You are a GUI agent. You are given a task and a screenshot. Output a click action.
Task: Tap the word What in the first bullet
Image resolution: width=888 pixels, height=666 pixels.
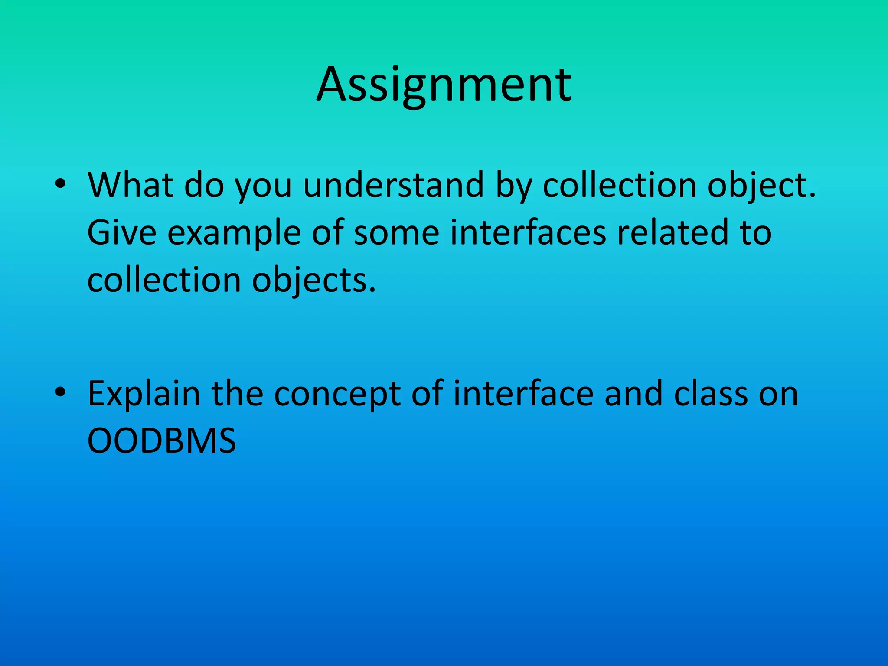pos(130,185)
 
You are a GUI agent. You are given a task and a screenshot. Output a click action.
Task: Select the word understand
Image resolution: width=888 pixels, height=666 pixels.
pos(393,185)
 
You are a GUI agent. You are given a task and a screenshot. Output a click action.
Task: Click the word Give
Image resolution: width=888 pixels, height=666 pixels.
pos(122,233)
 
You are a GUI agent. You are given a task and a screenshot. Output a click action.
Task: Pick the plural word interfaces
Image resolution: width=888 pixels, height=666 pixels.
pos(528,233)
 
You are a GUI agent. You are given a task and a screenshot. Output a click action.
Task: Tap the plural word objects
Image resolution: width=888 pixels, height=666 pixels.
pos(314,281)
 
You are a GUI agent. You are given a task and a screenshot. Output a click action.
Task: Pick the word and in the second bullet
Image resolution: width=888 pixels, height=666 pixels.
pos(633,394)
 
